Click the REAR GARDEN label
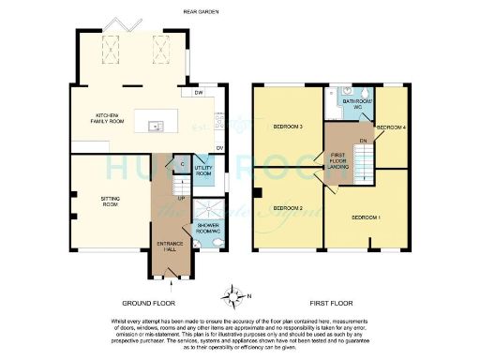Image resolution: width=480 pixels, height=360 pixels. click(x=200, y=12)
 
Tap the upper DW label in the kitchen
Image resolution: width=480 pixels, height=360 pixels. click(x=198, y=94)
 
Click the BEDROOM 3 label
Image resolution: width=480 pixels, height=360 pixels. click(x=287, y=127)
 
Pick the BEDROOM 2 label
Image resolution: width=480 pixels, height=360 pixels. click(x=287, y=207)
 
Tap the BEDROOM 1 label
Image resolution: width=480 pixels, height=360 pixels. click(x=366, y=217)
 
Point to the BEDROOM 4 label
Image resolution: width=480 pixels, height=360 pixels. click(x=392, y=127)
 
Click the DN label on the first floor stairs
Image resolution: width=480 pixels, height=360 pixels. click(x=363, y=141)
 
